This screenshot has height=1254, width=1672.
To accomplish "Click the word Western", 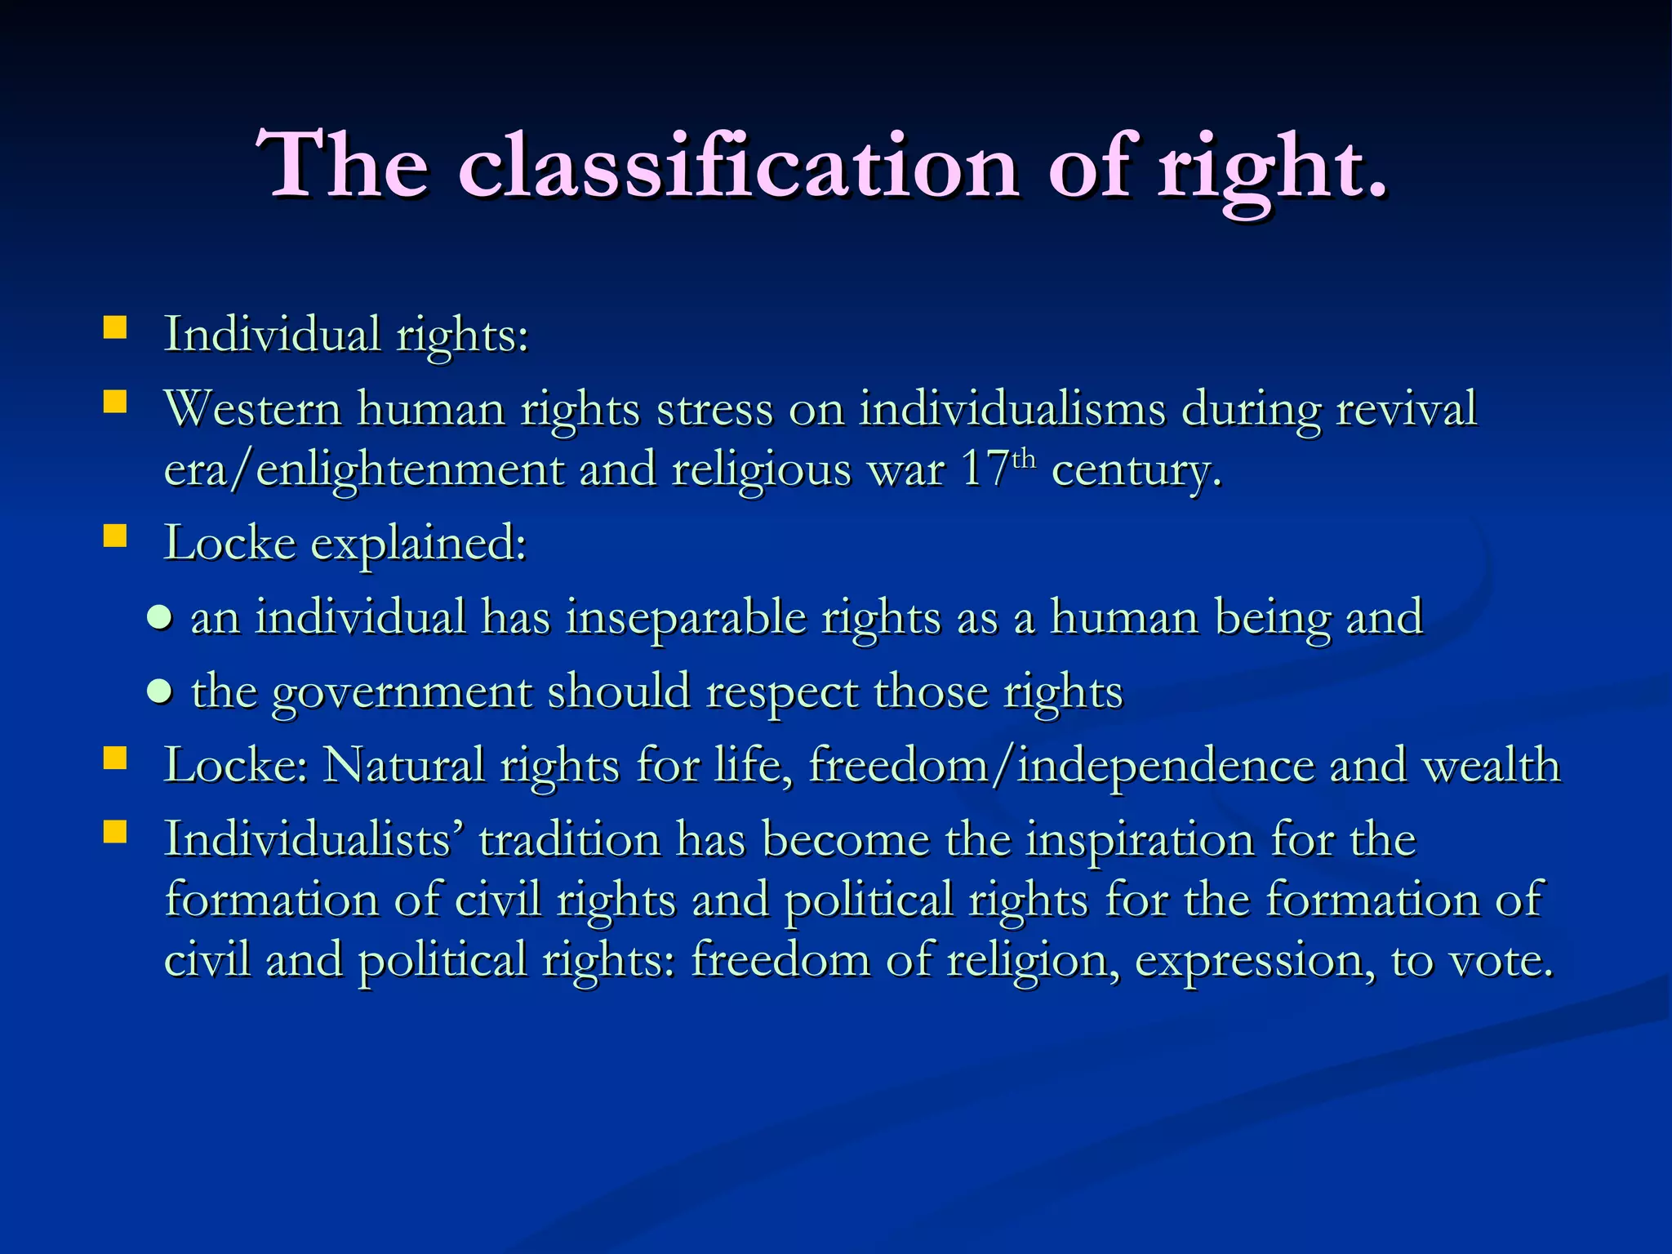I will [252, 408].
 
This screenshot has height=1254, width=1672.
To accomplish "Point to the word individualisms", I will [1012, 408].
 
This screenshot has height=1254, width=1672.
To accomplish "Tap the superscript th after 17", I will [1024, 459].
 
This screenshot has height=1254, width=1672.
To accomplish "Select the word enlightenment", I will [409, 472].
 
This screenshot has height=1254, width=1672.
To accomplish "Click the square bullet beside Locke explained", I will [115, 536].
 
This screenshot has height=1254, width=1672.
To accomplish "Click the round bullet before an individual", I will [160, 618].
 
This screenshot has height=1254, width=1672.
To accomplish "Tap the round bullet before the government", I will [160, 692].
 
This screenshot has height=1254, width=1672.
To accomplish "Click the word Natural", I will [404, 766].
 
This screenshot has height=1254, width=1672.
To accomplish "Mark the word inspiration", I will [1140, 841].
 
